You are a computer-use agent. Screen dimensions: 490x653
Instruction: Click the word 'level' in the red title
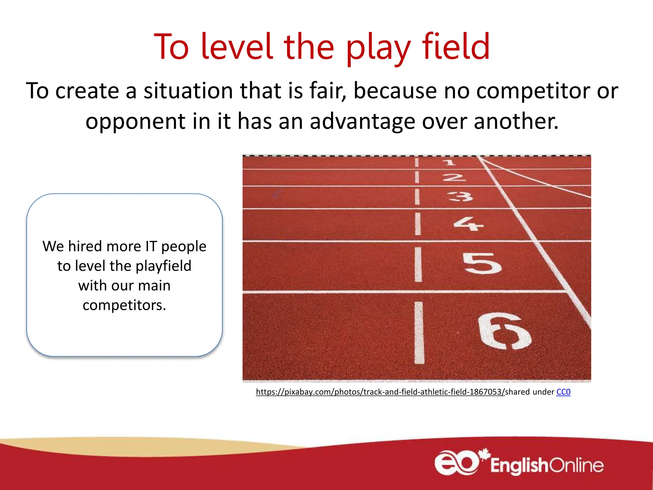coord(237,47)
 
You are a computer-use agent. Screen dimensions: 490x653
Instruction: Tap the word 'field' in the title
coord(456,47)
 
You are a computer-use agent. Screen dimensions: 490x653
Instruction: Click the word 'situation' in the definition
coord(188,91)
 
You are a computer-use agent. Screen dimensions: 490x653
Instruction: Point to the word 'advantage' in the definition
coord(362,122)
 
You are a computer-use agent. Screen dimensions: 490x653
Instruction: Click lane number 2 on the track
coord(454,177)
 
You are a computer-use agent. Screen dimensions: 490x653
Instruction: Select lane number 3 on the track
coord(460,197)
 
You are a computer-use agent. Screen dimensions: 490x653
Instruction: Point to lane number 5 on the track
coord(482,263)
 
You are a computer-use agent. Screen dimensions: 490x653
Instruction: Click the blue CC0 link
coord(563,392)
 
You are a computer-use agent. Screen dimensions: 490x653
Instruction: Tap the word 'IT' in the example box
coord(151,247)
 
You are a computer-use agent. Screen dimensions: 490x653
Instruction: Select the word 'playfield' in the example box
coord(163,266)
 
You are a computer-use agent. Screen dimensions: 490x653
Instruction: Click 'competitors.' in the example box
coord(124,305)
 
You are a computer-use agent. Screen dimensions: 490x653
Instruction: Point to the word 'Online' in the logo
coord(576,465)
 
